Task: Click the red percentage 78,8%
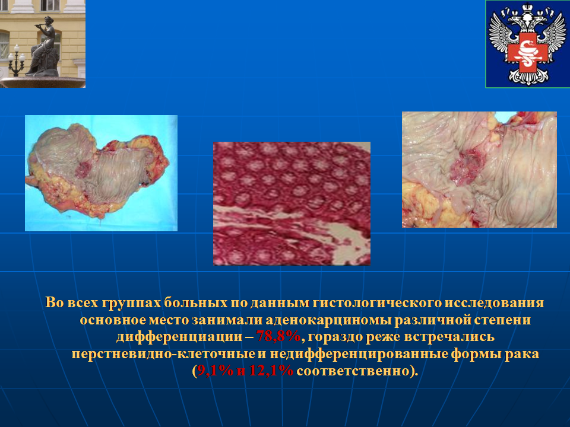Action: click(279, 337)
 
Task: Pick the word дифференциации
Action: click(179, 337)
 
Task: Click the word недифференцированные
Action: click(359, 354)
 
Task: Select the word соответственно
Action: click(354, 371)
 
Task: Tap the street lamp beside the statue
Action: click(17, 60)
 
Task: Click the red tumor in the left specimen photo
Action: click(83, 169)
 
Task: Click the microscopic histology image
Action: click(292, 203)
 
